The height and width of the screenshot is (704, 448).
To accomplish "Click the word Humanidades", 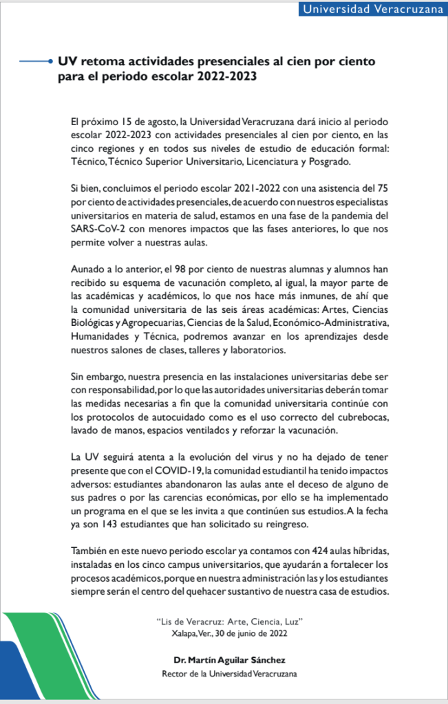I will pyautogui.click(x=102, y=335).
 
